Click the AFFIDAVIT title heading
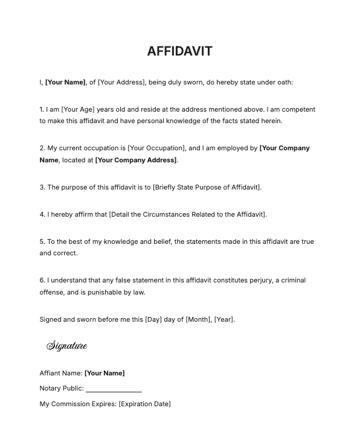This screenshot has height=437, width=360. [179, 51]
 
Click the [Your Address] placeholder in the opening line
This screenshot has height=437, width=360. [121, 82]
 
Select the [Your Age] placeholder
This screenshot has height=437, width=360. [78, 109]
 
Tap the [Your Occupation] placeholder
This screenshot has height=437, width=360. [156, 148]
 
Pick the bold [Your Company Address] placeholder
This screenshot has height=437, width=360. [136, 160]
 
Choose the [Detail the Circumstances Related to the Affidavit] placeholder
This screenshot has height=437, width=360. [187, 214]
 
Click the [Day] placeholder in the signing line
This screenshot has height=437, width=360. [153, 319]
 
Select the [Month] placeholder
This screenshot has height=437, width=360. [198, 319]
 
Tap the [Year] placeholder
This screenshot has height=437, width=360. [223, 319]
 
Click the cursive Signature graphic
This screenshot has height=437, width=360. [67, 346]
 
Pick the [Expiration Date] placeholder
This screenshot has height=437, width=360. [144, 404]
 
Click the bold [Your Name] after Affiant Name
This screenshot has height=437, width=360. [104, 373]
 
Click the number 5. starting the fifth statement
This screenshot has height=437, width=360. [42, 241]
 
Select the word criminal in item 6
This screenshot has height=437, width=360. [292, 280]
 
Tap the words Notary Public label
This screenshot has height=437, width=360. [61, 388]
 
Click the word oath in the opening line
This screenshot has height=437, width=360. [284, 82]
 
